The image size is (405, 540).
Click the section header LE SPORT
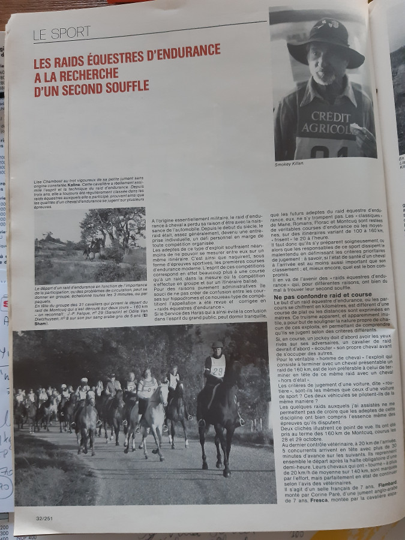point(62,32)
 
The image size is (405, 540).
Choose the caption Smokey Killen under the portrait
point(289,164)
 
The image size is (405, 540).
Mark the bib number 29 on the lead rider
point(217,371)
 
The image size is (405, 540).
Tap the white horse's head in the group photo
point(162,395)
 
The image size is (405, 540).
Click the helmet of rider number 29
point(217,346)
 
